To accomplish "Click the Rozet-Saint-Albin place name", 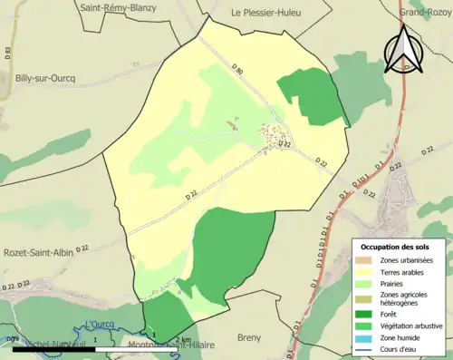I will [40, 253].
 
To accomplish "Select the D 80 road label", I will [237, 69].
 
